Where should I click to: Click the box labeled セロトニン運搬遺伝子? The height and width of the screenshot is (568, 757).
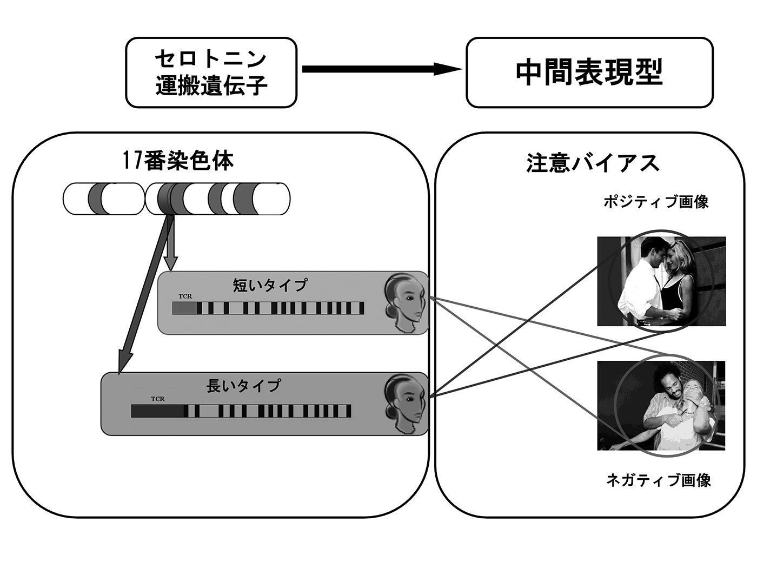(x=211, y=72)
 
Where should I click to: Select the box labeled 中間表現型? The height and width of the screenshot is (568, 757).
(x=589, y=72)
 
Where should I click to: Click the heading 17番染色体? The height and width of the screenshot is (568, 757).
(x=178, y=161)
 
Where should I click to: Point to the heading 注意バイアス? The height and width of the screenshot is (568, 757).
(x=593, y=163)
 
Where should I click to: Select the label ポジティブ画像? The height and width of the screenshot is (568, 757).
(x=655, y=202)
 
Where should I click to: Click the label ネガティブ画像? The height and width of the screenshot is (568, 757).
(x=658, y=479)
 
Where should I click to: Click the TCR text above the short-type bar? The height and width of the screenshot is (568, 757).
(x=185, y=296)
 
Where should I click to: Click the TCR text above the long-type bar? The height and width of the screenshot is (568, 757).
(x=158, y=399)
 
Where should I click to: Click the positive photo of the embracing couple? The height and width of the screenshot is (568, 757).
(x=661, y=281)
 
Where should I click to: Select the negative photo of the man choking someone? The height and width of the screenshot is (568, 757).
(x=661, y=406)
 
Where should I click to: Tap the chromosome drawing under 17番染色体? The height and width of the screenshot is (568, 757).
(x=177, y=199)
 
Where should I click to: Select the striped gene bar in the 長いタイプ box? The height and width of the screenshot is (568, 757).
(x=241, y=411)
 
